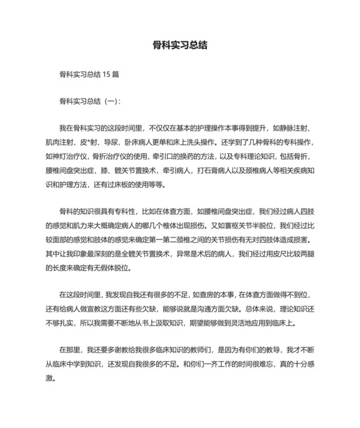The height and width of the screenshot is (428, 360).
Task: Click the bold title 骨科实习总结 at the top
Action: (179, 46)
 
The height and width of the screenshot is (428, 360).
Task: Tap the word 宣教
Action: (114, 306)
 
